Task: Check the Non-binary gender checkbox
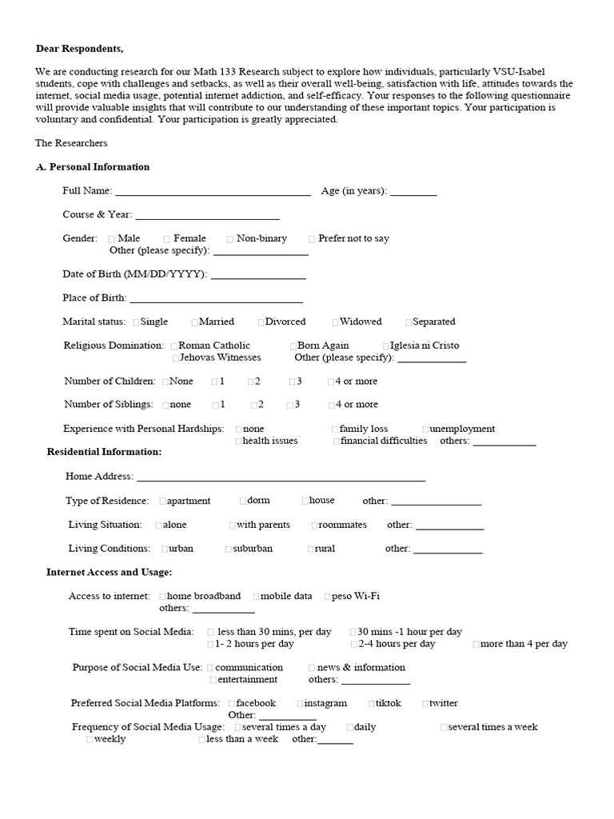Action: click(x=230, y=239)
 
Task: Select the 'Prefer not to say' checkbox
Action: click(x=313, y=239)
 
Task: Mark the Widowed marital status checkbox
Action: click(x=336, y=322)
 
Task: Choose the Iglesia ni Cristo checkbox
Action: click(x=386, y=346)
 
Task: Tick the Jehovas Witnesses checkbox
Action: click(x=175, y=358)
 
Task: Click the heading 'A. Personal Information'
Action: click(x=93, y=167)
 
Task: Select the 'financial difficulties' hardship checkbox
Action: click(x=336, y=441)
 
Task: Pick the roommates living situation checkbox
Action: click(x=315, y=525)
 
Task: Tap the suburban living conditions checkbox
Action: click(x=229, y=549)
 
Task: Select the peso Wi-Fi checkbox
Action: click(x=328, y=597)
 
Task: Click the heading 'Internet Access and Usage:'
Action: click(x=109, y=573)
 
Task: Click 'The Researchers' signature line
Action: click(x=71, y=143)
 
